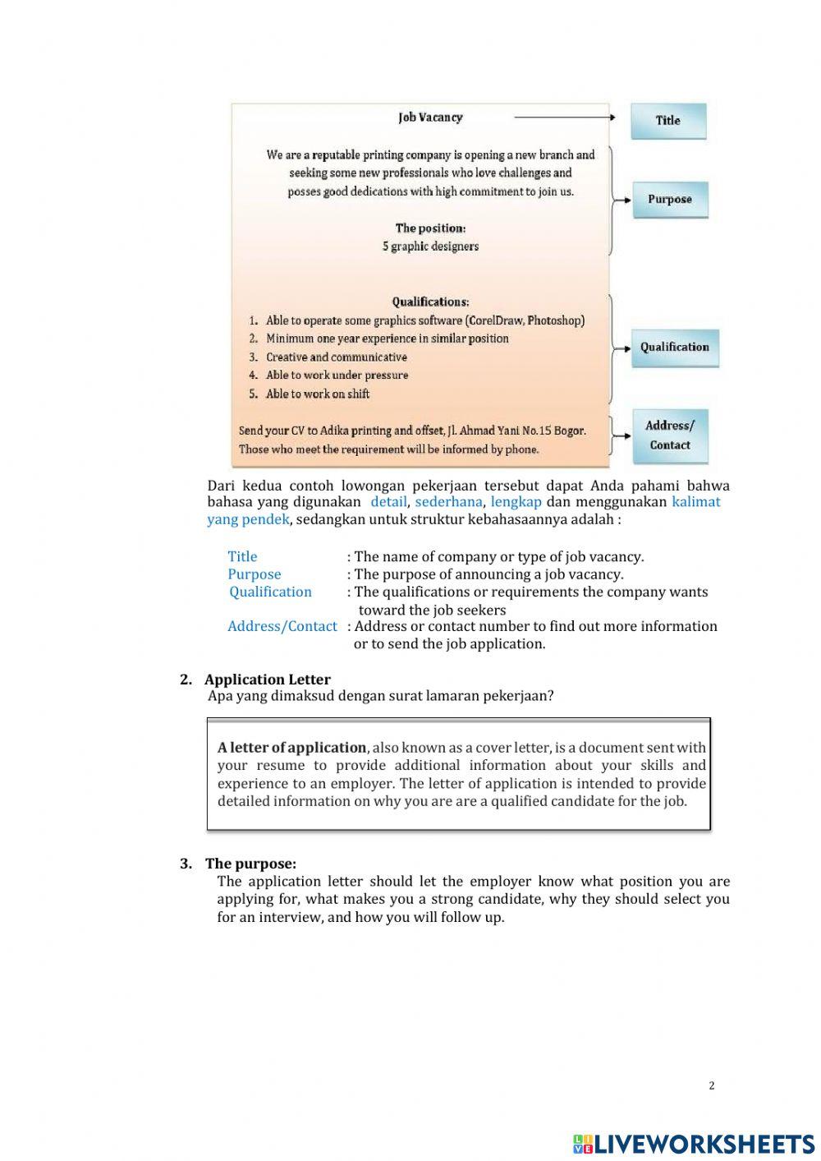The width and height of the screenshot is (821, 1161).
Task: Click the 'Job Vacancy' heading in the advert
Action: click(430, 117)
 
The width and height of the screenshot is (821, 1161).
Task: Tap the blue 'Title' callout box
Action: click(668, 121)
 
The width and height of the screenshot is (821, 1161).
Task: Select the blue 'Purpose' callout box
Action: click(669, 200)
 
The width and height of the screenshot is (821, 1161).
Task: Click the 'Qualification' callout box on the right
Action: click(674, 348)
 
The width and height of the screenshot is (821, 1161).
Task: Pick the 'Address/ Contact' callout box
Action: click(669, 435)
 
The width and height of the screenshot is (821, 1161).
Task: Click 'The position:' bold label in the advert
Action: click(430, 228)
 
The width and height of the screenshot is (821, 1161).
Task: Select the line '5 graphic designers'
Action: click(430, 246)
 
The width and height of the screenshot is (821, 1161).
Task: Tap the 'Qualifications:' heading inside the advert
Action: click(430, 302)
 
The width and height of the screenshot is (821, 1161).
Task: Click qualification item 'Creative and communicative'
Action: click(336, 357)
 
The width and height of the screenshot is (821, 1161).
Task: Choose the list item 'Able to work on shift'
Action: click(317, 394)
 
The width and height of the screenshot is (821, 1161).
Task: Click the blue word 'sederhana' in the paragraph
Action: click(448, 502)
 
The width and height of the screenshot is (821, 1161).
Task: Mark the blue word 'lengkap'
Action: click(516, 502)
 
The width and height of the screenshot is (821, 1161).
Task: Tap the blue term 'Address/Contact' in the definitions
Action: click(282, 627)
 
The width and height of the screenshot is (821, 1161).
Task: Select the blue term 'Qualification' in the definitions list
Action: click(270, 592)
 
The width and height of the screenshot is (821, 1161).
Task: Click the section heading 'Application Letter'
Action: click(267, 680)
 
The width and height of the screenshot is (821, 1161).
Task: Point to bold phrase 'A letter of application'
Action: click(291, 748)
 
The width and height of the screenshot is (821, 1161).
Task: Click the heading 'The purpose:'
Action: click(250, 864)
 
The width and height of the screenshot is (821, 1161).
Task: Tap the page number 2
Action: click(711, 1085)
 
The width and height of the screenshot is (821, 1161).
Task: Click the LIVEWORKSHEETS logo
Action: click(693, 1144)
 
